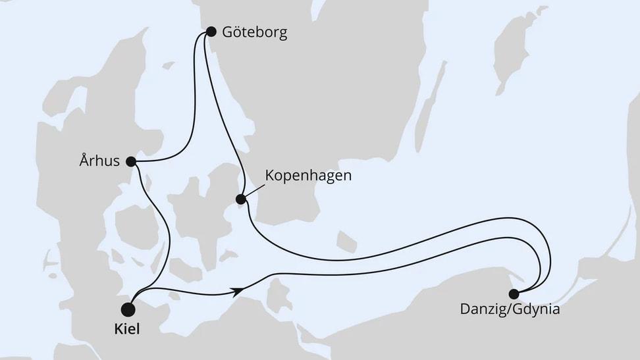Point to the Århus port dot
[x=130, y=161]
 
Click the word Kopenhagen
[x=308, y=176]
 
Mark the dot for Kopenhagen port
[x=241, y=199]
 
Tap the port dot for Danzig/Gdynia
[x=514, y=294]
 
